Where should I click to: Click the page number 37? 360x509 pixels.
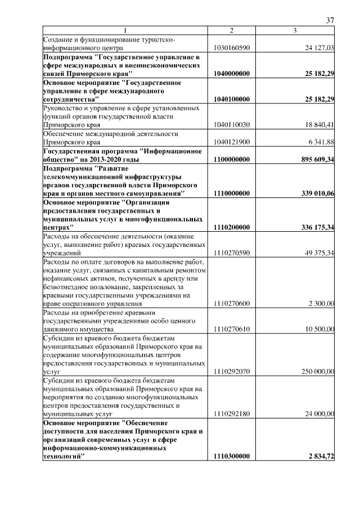330,20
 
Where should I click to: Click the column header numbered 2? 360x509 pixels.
231,30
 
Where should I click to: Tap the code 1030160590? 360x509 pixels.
231,48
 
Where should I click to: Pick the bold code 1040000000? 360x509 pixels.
231,74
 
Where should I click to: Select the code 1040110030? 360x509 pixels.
231,125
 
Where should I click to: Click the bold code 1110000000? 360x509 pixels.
231,193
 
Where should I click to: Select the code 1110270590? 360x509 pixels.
231,253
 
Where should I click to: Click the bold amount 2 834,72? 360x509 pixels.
321,457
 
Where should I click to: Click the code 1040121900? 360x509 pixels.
231,142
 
